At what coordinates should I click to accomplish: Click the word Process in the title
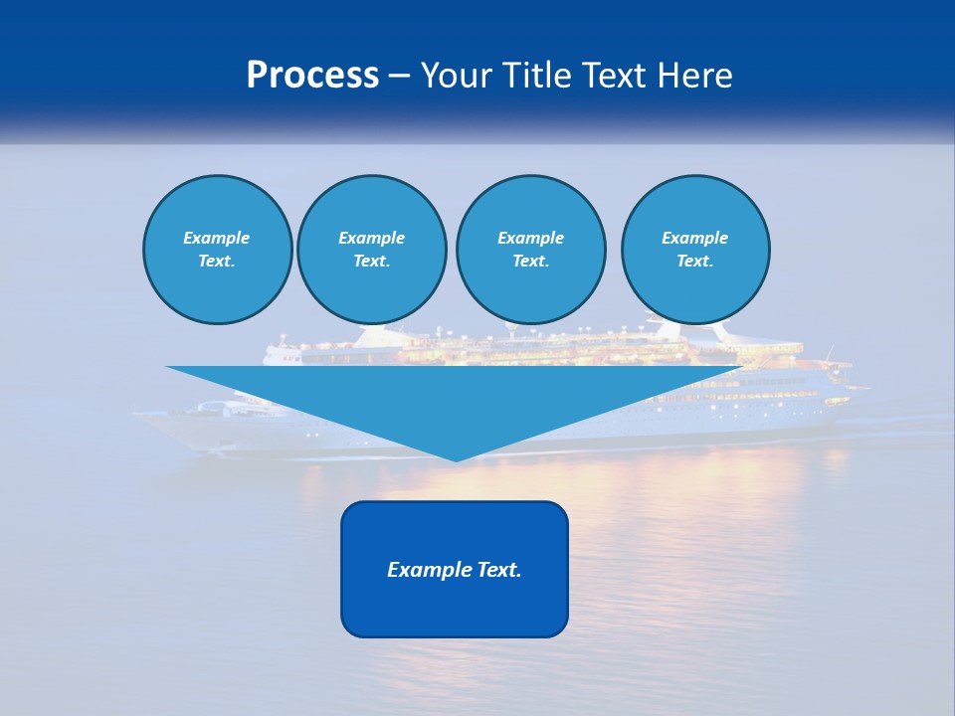click(x=312, y=75)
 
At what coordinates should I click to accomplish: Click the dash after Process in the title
click(x=399, y=77)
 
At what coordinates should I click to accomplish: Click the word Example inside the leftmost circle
click(x=217, y=238)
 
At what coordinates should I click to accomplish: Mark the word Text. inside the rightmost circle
click(x=694, y=261)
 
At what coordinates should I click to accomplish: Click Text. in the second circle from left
click(x=371, y=261)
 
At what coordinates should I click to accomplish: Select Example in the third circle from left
click(x=530, y=238)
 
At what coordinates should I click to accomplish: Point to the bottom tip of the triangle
click(x=456, y=459)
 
